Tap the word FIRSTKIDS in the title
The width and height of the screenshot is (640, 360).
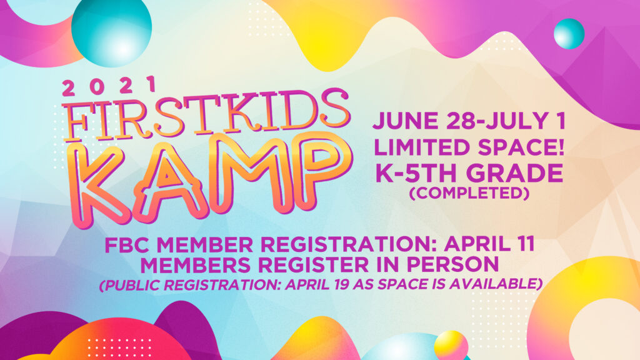(x=206, y=115)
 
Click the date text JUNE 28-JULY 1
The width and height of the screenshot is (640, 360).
(x=469, y=121)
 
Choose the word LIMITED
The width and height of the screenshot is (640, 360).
(x=423, y=147)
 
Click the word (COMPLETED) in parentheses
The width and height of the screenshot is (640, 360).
(x=469, y=193)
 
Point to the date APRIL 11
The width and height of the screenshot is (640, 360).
(x=489, y=244)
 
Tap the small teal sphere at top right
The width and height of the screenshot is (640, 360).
(x=569, y=34)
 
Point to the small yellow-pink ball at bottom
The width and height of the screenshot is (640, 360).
(x=451, y=345)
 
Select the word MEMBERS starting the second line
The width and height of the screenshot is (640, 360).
(x=195, y=264)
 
